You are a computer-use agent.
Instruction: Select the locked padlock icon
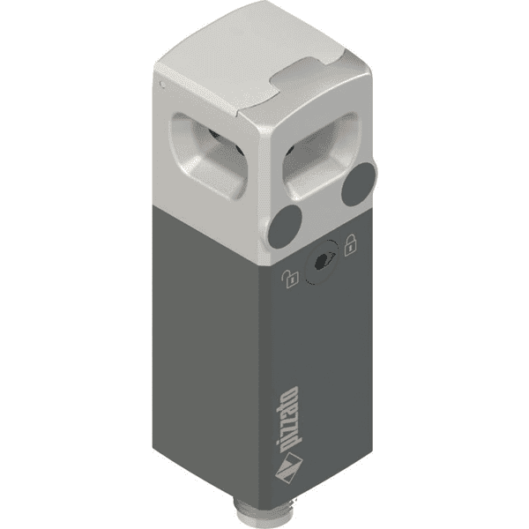pyautogui.click(x=349, y=243)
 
